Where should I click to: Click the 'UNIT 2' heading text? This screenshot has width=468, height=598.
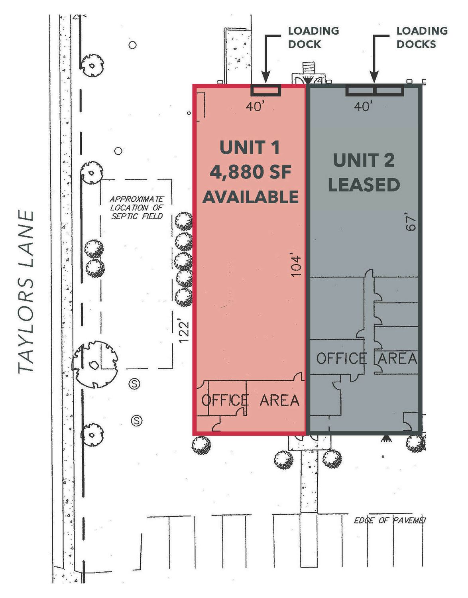[364, 160]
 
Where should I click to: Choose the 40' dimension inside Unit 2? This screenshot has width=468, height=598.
[364, 106]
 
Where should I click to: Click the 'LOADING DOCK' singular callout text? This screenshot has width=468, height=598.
[313, 37]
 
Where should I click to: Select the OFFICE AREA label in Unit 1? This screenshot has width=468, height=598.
[250, 399]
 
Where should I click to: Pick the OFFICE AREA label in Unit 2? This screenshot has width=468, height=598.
[366, 358]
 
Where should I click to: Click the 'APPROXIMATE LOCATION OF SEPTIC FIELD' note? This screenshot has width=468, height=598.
[137, 207]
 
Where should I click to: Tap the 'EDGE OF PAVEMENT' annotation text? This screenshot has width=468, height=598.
[389, 520]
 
